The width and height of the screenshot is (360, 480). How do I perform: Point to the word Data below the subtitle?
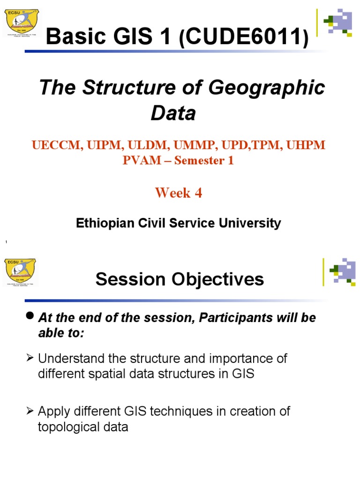point(173,113)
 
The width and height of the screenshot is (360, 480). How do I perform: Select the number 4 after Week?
point(198,193)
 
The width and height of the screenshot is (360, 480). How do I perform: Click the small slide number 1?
point(6,242)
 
